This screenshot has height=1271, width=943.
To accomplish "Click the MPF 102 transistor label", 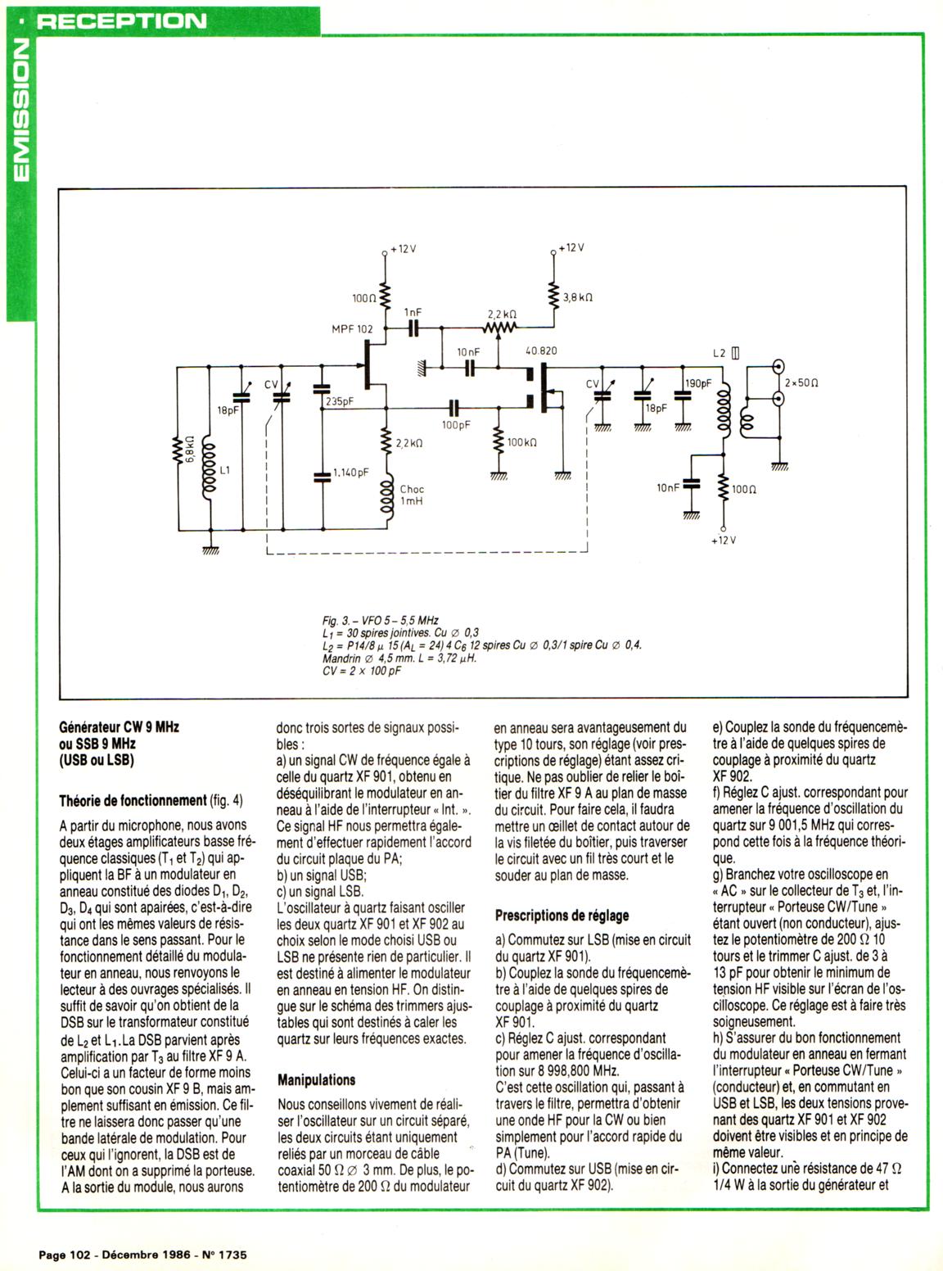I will pyautogui.click(x=351, y=329).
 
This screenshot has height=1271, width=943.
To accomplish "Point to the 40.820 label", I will pyautogui.click(x=541, y=351).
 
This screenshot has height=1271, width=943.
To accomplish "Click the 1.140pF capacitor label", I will pyautogui.click(x=352, y=473).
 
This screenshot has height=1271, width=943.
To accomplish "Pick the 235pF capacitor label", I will pyautogui.click(x=340, y=402).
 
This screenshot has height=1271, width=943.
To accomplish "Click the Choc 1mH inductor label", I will pyautogui.click(x=412, y=495).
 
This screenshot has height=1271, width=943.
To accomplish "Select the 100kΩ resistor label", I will pyautogui.click(x=522, y=442).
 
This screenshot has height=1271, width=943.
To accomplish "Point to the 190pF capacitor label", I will pyautogui.click(x=698, y=382).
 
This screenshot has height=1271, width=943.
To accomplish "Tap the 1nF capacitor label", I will pyautogui.click(x=413, y=313).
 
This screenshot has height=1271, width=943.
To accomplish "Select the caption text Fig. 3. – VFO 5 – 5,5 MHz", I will pyautogui.click(x=381, y=622).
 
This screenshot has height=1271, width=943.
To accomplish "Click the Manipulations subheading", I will pyautogui.click(x=317, y=1079).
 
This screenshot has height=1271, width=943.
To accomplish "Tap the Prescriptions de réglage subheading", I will pyautogui.click(x=562, y=915).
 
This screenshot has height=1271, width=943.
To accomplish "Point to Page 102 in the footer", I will pyautogui.click(x=64, y=1254).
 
